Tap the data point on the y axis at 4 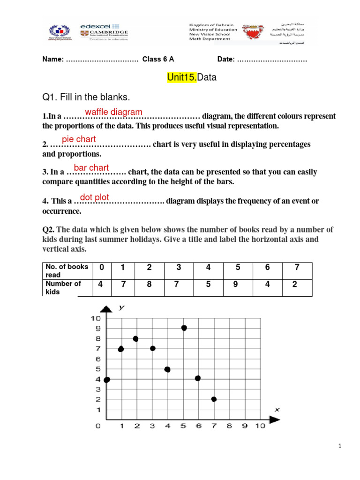[x=107, y=379]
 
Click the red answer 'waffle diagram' [x=113, y=112]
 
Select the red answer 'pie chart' [x=79, y=139]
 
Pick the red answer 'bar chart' [x=91, y=168]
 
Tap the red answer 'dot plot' [x=95, y=198]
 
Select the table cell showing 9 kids [x=236, y=284]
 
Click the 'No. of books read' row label [x=66, y=271]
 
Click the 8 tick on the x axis [x=229, y=426]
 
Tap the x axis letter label [x=277, y=409]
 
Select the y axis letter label [x=121, y=307]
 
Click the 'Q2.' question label [x=49, y=229]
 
